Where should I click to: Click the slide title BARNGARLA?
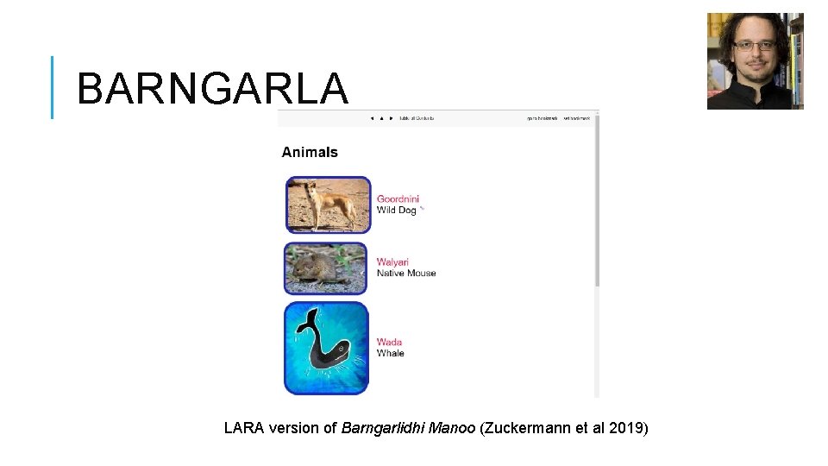pyautogui.click(x=212, y=88)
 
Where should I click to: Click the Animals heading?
pyautogui.click(x=310, y=153)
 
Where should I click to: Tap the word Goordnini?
pyautogui.click(x=398, y=198)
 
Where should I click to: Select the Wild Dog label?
pyautogui.click(x=396, y=210)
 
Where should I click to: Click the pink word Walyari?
pyautogui.click(x=392, y=261)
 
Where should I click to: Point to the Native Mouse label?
pyautogui.click(x=406, y=273)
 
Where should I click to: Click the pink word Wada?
pyautogui.click(x=389, y=342)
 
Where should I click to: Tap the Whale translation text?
pyautogui.click(x=390, y=353)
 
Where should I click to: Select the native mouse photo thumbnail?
pyautogui.click(x=327, y=268)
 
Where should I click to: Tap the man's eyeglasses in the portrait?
pyautogui.click(x=754, y=46)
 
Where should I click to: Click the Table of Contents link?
pyautogui.click(x=417, y=117)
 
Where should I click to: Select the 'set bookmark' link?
pyautogui.click(x=577, y=117)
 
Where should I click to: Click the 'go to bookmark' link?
pyautogui.click(x=543, y=117)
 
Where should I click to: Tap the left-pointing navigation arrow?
pyautogui.click(x=371, y=117)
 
